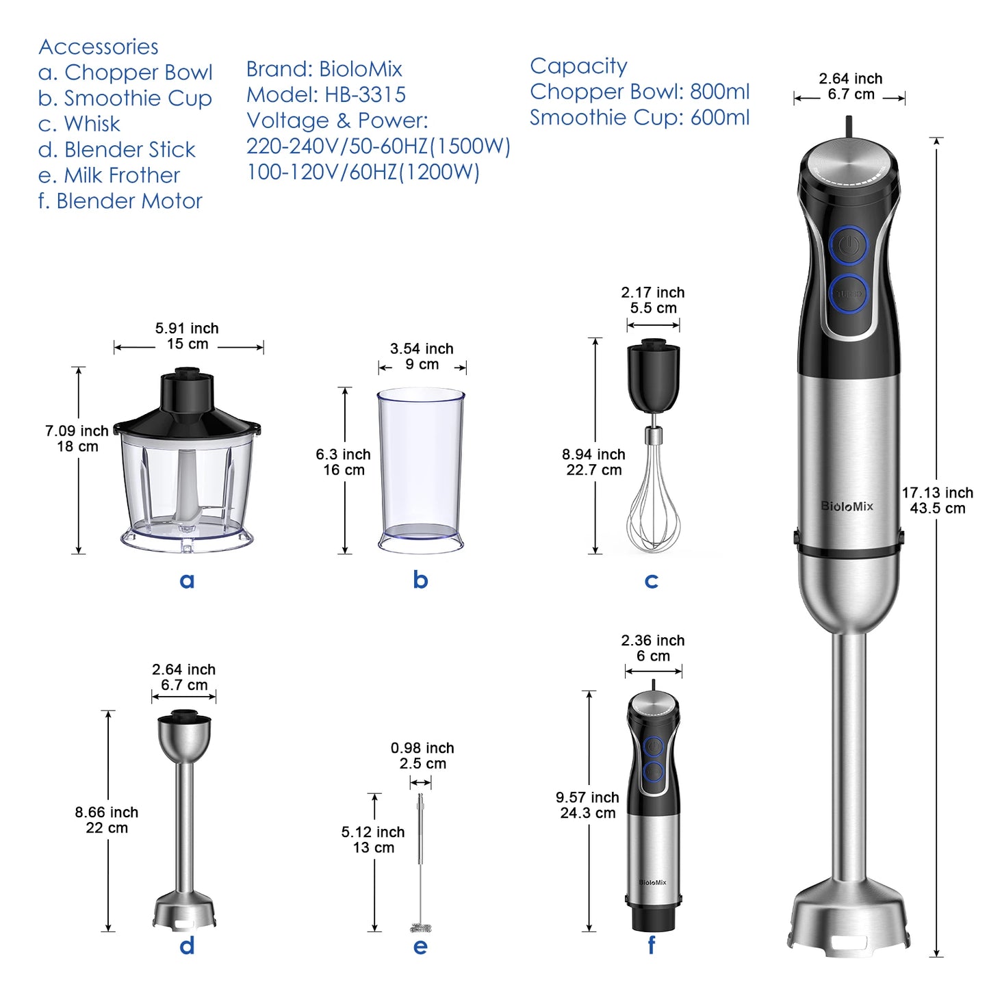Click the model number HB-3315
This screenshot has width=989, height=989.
click(365, 94)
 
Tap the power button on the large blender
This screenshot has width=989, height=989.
click(849, 245)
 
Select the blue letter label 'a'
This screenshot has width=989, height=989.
click(187, 580)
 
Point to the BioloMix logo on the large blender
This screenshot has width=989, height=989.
click(847, 506)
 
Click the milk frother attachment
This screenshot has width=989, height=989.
click(421, 862)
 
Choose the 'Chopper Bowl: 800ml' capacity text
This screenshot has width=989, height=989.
click(639, 92)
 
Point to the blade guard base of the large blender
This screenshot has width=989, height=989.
click(851, 917)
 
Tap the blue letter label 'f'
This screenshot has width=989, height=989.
click(651, 946)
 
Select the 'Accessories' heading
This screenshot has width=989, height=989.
click(99, 47)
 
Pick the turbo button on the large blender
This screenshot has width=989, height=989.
click(849, 294)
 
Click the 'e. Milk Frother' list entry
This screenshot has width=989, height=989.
click(109, 175)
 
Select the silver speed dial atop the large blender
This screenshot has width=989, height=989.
click(849, 162)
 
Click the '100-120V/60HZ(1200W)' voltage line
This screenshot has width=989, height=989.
click(363, 172)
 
